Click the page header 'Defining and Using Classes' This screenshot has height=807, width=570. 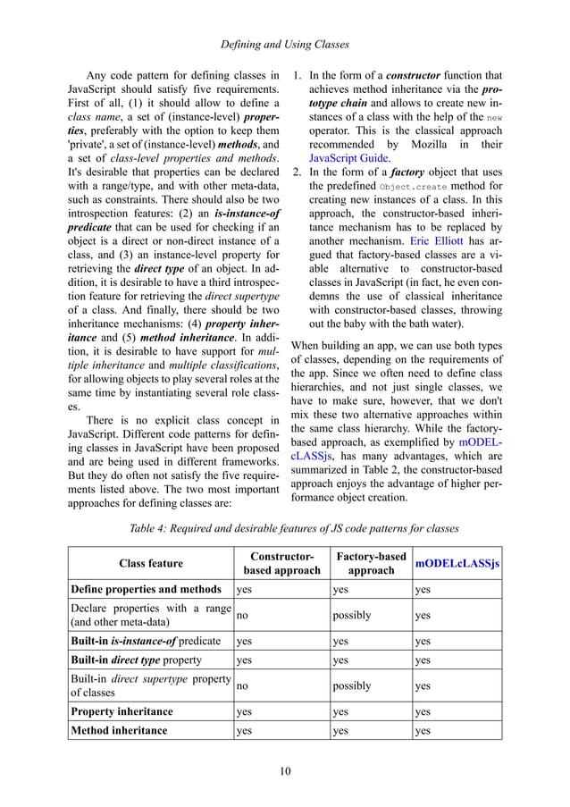285,43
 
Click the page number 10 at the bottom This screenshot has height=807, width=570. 285,772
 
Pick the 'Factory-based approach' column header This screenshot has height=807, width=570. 370,563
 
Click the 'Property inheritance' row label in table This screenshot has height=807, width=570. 122,712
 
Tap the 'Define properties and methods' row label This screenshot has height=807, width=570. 146,589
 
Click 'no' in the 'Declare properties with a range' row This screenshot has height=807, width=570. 241,615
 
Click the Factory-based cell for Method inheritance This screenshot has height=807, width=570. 340,730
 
